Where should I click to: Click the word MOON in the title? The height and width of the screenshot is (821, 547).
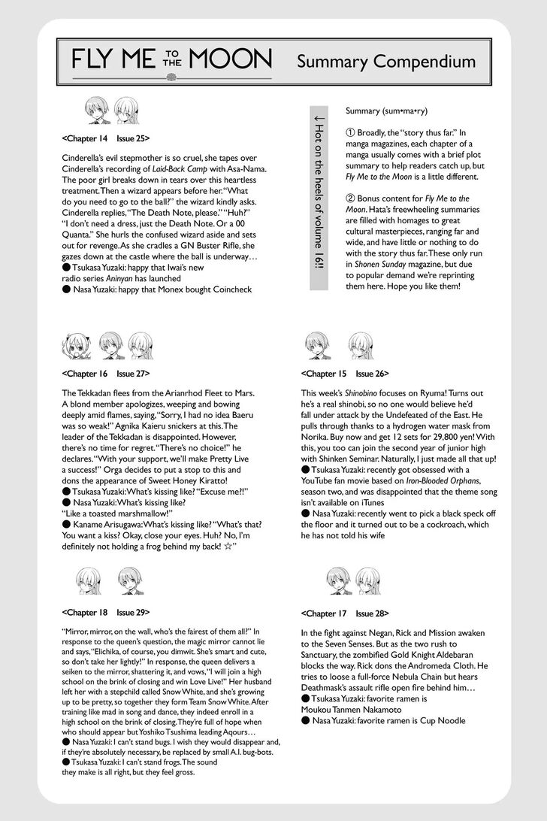(x=233, y=60)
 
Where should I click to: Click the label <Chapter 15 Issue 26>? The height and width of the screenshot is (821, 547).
(x=345, y=373)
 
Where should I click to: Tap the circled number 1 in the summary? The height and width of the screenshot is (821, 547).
(x=351, y=132)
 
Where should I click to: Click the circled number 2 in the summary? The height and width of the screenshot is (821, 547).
(x=351, y=198)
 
